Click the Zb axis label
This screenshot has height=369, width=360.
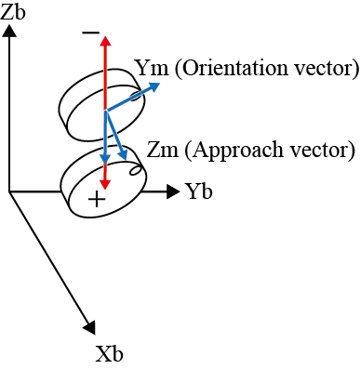13,13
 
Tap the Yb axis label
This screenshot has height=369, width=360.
199,191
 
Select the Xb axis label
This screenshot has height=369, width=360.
109,354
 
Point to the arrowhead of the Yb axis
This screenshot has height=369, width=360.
173,191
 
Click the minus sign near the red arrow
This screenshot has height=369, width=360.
91,33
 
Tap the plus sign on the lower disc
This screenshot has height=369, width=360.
97,199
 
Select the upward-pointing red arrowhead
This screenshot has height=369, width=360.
106,41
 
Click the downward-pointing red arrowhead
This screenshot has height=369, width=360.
105,184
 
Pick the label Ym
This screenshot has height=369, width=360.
153,68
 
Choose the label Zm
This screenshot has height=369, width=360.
163,151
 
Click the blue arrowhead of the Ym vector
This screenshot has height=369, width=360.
153,87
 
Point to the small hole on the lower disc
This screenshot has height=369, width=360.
136,171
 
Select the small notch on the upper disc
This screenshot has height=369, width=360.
138,96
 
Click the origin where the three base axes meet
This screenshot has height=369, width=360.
9,192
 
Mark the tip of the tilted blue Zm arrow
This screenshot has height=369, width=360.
126,160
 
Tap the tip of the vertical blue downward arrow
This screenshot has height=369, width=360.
105,163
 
